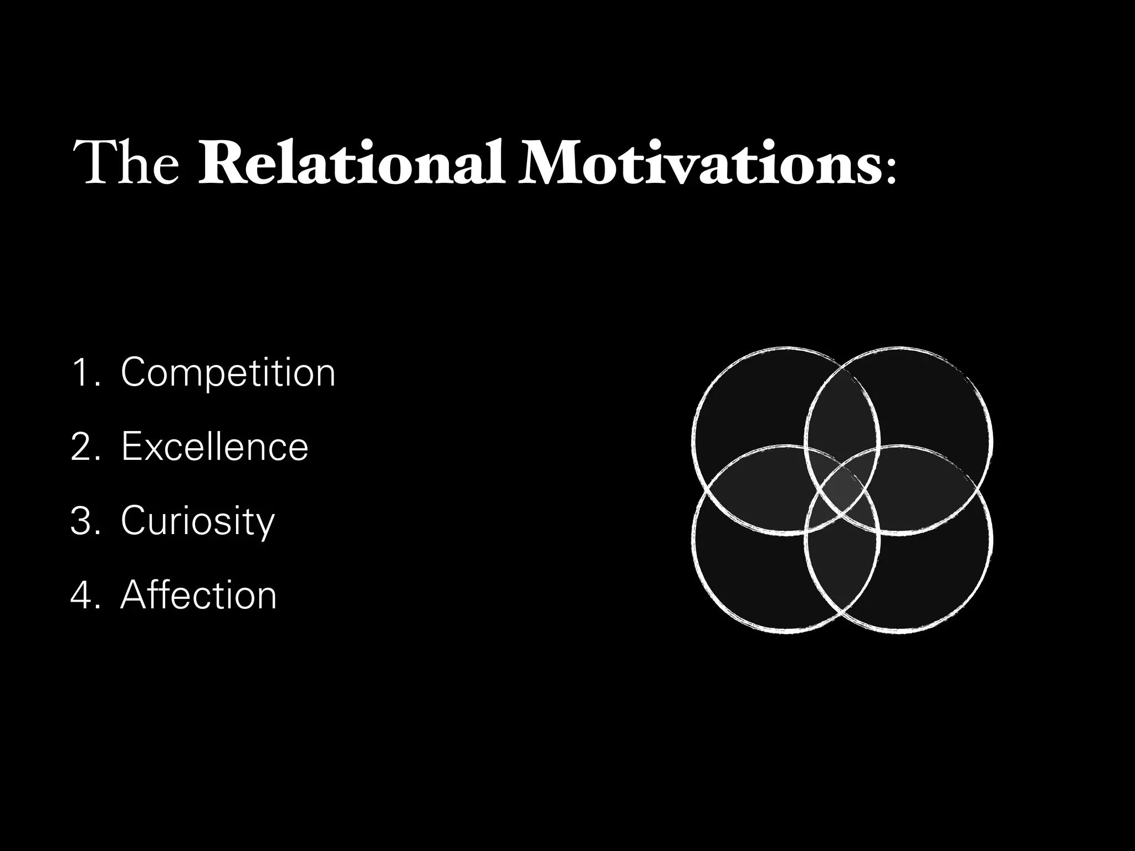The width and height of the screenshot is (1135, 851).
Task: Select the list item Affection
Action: (x=198, y=595)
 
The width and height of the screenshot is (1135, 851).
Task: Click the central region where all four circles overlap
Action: (x=842, y=490)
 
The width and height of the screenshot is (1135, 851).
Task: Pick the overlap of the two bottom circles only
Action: (x=842, y=571)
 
